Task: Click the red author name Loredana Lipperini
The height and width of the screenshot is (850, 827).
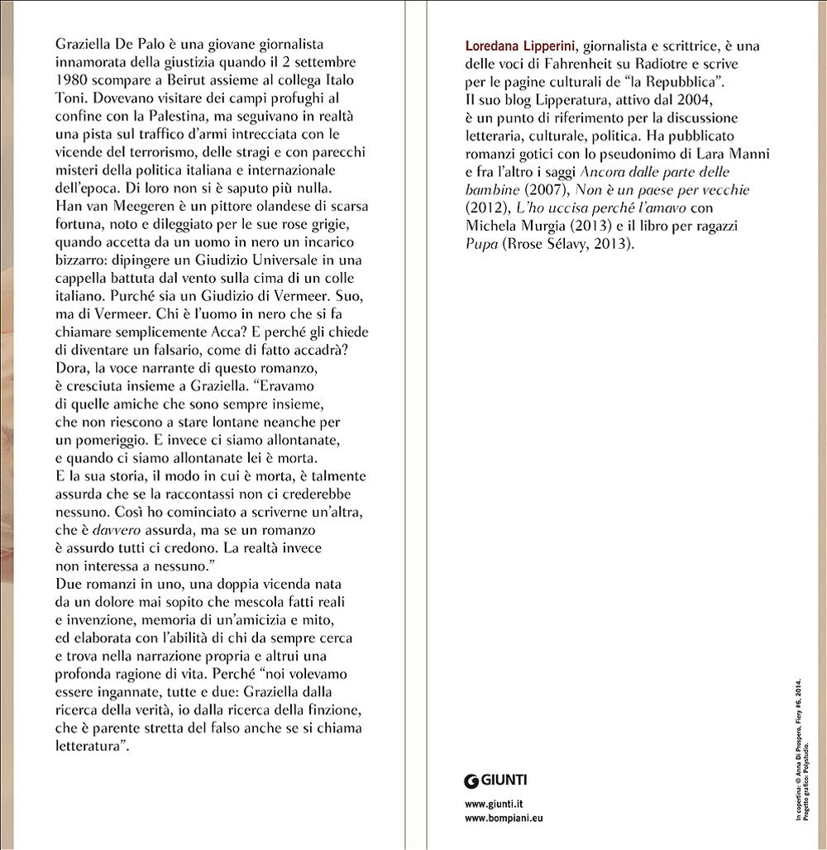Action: point(513,45)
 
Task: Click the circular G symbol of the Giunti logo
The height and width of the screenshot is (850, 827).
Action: point(471,781)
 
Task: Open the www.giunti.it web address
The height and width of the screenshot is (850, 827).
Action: point(494,804)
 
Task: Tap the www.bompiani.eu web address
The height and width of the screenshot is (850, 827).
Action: point(504,819)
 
